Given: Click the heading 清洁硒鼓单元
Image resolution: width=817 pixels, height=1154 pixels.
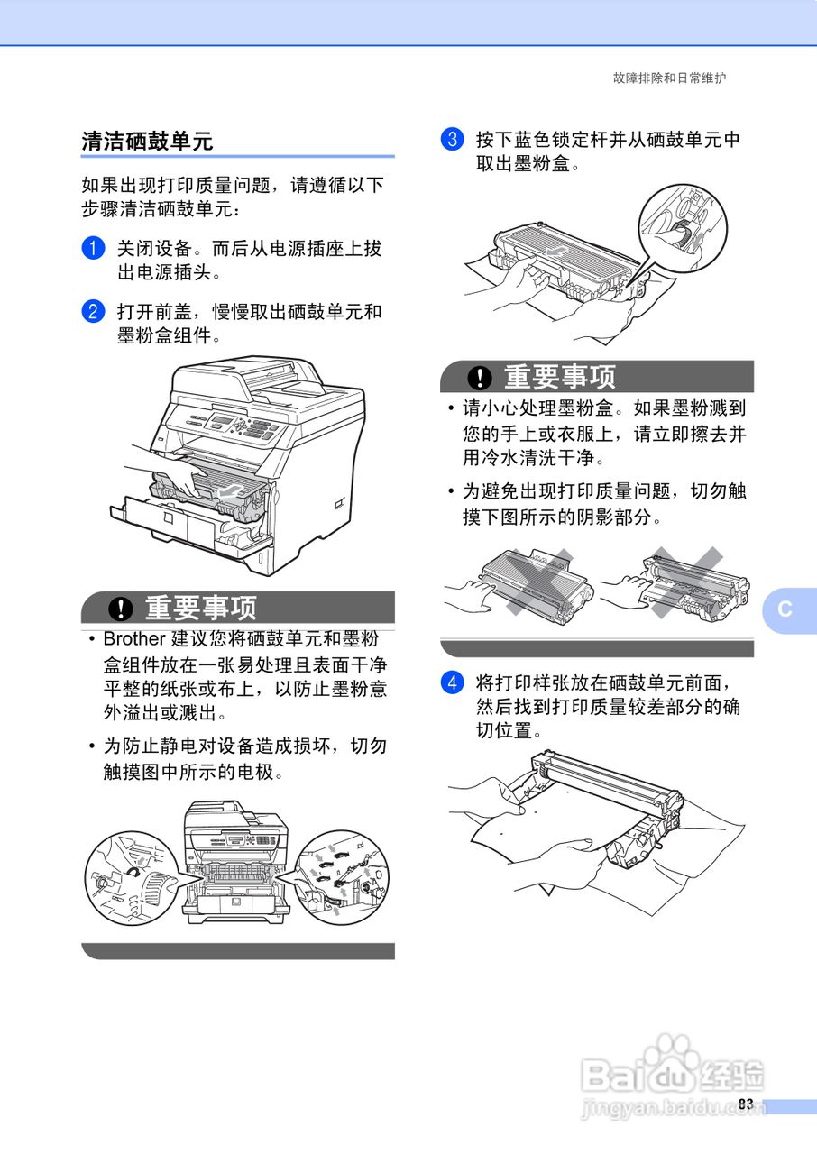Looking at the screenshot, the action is (147, 141).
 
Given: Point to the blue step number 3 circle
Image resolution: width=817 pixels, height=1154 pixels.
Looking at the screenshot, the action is (452, 140).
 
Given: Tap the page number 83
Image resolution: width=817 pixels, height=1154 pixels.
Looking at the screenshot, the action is (745, 1104).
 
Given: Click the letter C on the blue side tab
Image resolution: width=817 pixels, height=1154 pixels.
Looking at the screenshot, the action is (785, 609).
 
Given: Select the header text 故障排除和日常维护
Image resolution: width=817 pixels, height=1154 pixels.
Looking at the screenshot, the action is (669, 78).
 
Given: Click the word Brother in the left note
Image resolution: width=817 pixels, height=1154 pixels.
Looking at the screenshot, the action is (134, 639).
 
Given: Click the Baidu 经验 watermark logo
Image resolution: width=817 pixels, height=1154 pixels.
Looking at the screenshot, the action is (672, 1073).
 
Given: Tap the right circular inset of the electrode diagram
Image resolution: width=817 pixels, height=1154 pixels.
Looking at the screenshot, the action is (344, 877).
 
